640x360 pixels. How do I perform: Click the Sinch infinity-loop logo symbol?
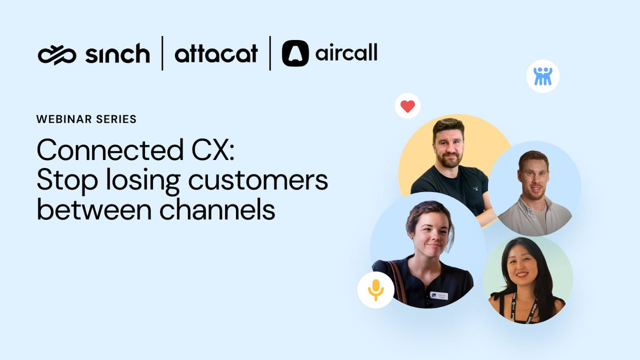coord(57,55)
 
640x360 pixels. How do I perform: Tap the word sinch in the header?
coord(117,54)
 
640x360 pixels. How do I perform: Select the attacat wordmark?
coord(216,54)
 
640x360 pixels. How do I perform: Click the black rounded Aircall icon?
coord(295,54)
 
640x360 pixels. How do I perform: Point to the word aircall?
coord(346,54)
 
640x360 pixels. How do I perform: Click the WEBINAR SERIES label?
coord(86,119)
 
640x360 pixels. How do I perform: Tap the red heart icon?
coord(407,106)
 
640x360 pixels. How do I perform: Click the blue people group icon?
coord(542,76)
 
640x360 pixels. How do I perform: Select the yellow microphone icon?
coord(375,290)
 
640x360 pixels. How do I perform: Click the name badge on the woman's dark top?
coord(439,295)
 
